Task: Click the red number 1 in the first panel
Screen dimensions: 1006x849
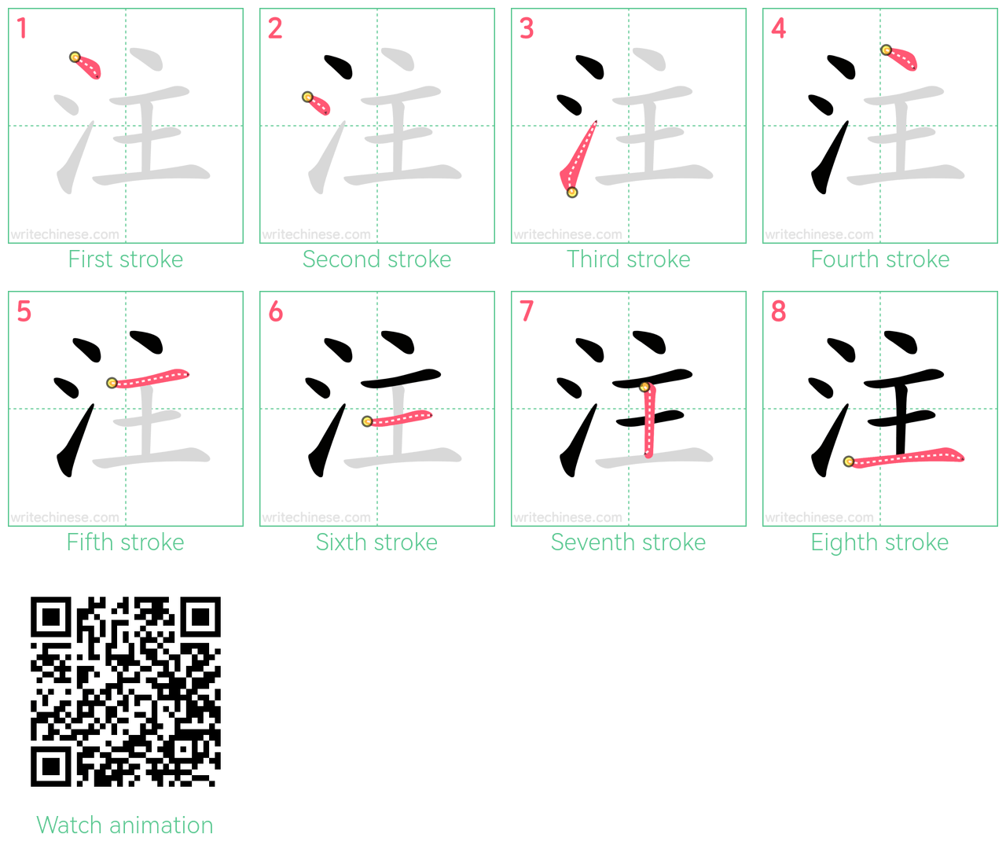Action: point(21,28)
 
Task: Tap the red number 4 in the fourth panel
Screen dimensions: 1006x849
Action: point(778,28)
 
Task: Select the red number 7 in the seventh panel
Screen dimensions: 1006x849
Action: point(527,311)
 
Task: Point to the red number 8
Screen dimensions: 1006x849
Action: point(778,311)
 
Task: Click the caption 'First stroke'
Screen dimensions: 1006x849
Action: point(125,259)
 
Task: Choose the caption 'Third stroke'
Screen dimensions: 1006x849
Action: point(628,259)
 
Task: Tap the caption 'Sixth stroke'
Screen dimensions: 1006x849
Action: point(376,542)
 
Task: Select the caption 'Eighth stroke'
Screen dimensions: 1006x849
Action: point(879,542)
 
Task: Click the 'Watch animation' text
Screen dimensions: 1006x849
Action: point(125,825)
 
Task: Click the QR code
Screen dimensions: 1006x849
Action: point(125,692)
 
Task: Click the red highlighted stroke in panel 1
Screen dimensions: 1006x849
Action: point(86,66)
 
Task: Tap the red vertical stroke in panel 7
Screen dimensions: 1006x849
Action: point(649,420)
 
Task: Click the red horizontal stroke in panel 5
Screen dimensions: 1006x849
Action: point(149,378)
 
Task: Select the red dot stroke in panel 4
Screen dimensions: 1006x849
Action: point(900,58)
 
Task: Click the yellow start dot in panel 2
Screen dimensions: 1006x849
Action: point(307,97)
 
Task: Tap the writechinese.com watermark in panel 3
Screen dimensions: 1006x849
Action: point(567,235)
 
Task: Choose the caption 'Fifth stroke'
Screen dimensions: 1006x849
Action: point(125,542)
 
